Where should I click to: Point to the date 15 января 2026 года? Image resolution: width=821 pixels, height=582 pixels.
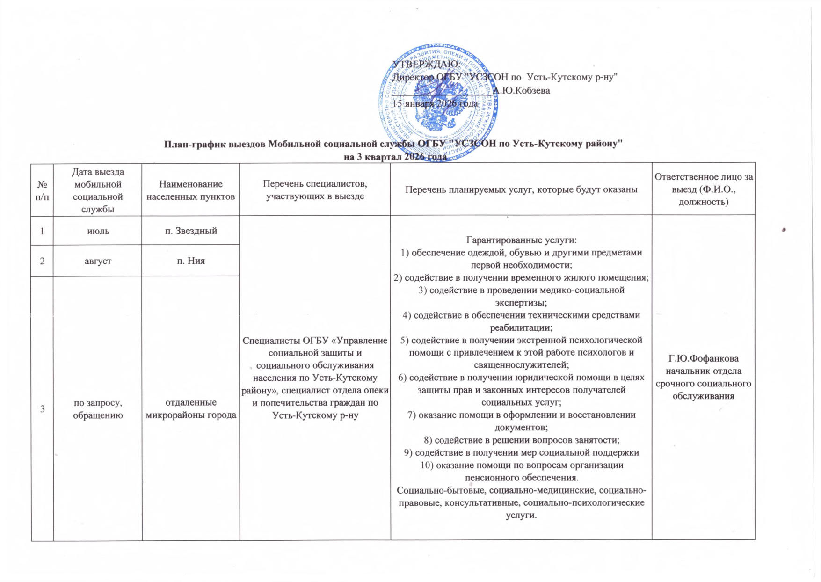(435, 103)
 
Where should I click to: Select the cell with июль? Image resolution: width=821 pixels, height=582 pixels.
(98, 230)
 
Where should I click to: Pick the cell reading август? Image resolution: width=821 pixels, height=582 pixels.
(98, 261)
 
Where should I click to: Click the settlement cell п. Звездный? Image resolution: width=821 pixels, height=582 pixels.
(190, 230)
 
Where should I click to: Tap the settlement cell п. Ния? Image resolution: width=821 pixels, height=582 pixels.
(190, 261)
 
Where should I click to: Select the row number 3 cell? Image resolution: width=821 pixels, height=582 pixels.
(42, 408)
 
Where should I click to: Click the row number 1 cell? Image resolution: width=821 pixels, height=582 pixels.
(42, 230)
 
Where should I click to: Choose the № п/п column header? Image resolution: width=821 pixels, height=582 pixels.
(42, 190)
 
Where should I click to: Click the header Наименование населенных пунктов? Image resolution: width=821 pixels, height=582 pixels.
(190, 190)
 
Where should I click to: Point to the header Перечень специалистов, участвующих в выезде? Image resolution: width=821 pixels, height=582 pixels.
(315, 190)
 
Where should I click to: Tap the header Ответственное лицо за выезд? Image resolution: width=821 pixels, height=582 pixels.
(703, 189)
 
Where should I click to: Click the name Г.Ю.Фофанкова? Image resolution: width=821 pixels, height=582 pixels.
(703, 359)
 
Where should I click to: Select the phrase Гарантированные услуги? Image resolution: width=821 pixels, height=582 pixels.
(521, 240)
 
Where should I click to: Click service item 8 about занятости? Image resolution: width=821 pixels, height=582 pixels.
(521, 440)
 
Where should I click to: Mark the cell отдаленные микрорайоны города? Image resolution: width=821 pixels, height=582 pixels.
(190, 408)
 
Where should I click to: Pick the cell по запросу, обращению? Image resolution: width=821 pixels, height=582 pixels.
(98, 408)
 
